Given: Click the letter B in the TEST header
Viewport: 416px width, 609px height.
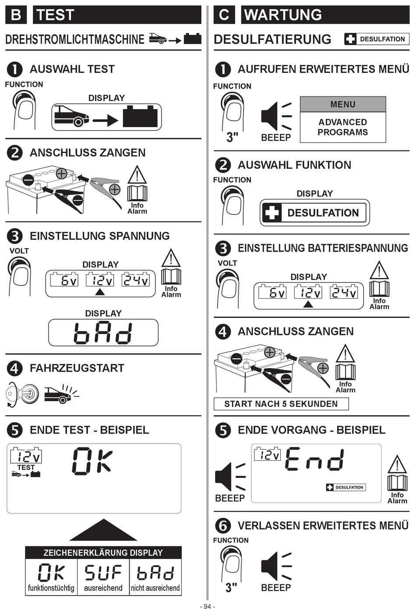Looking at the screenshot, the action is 16,14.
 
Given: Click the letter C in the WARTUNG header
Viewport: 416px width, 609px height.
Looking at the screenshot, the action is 224,14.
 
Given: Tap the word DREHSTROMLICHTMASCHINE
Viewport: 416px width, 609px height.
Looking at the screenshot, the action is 75,39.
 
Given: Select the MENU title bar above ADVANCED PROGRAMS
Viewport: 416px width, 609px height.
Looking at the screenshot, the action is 343,104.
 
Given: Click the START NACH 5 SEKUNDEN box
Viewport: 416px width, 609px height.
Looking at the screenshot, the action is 281,404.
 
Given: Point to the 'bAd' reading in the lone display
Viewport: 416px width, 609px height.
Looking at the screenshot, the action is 103,333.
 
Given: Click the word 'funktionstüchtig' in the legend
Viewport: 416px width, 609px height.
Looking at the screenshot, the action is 51,588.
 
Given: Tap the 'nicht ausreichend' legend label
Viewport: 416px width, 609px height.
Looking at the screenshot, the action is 155,588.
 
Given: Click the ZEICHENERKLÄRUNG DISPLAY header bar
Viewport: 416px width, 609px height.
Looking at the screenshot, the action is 103,553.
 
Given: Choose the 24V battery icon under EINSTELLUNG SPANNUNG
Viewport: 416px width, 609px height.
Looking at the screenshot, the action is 135,279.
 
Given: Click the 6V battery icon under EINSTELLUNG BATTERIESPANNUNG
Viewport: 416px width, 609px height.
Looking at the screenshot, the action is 272,292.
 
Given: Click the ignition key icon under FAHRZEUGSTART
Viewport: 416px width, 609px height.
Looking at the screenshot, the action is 22,394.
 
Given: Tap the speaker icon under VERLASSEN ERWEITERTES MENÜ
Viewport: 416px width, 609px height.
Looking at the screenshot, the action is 276,566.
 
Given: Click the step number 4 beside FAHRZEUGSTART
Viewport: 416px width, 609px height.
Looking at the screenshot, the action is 14,368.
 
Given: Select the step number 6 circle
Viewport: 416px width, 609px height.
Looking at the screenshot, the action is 223,526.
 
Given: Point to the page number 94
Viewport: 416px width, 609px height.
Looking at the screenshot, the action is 208,606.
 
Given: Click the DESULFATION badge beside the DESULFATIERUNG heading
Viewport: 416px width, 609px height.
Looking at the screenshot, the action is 377,39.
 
